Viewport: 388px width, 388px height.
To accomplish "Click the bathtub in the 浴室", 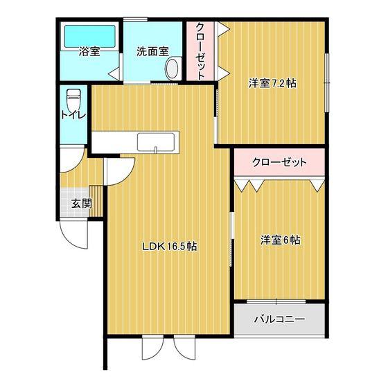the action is click(x=90, y=36).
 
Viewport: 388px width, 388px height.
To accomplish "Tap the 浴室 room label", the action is click(x=89, y=51).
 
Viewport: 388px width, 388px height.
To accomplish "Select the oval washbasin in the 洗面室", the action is click(x=173, y=69).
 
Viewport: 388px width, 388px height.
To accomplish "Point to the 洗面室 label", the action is click(x=152, y=51).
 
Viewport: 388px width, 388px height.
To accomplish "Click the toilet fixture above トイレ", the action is click(x=73, y=98).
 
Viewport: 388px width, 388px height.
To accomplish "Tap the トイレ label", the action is click(x=73, y=115).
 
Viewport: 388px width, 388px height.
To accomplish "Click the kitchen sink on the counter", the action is click(x=156, y=142).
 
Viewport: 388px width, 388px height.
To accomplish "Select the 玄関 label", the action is click(x=82, y=204).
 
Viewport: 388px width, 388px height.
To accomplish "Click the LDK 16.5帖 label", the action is click(x=170, y=246).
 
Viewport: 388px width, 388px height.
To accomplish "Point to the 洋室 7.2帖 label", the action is click(x=272, y=83).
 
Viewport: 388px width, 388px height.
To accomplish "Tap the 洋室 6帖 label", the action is click(x=281, y=240).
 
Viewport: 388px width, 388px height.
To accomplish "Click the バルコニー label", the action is click(x=280, y=319).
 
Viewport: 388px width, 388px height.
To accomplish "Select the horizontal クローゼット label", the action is click(x=279, y=163).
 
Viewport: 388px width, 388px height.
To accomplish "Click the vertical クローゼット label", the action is click(x=200, y=51).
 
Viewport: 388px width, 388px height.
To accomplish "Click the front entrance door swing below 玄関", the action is click(x=74, y=235).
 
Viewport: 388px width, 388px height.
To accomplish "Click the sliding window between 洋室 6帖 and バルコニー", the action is click(x=276, y=301).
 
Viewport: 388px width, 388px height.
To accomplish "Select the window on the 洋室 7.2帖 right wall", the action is click(x=327, y=82).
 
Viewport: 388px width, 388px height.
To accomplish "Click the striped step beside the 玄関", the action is click(x=96, y=201).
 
